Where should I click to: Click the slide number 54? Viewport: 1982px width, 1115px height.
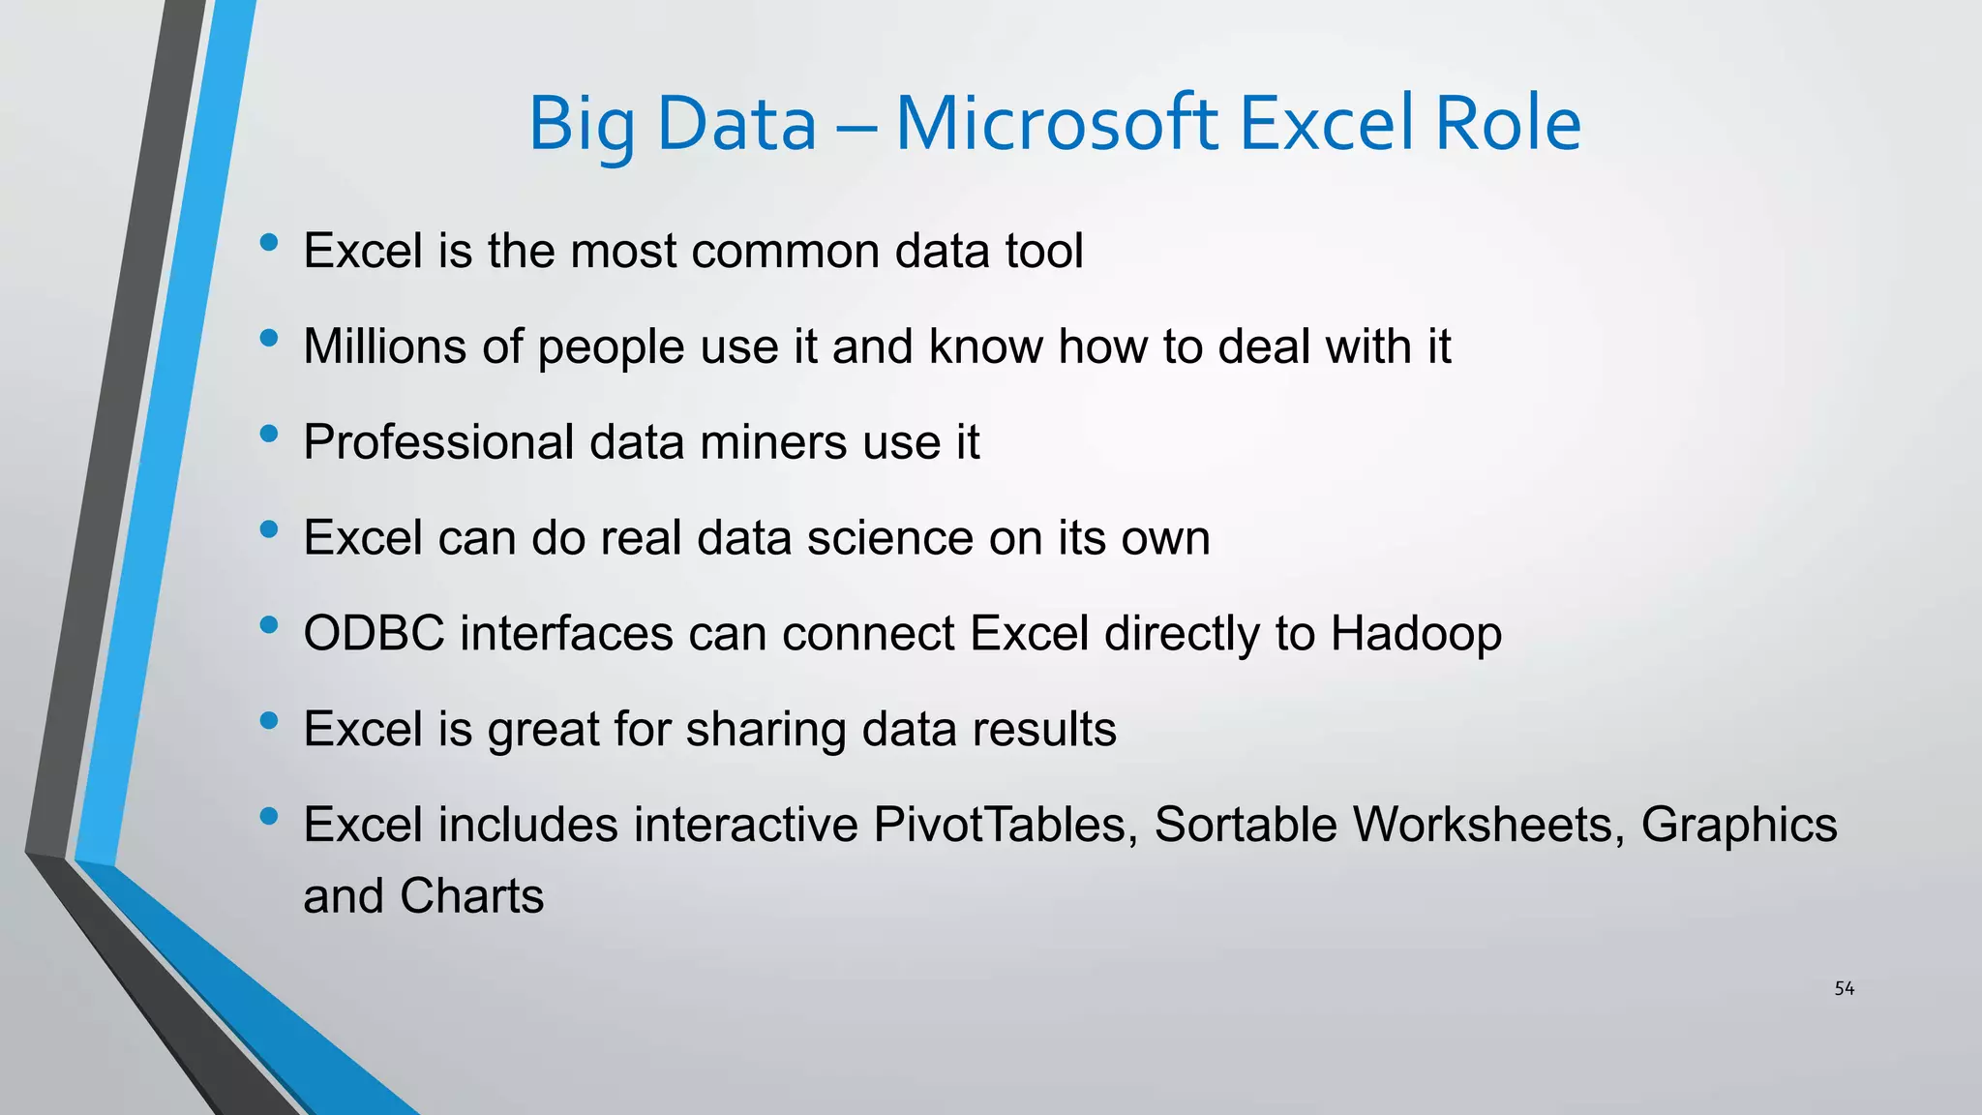point(1844,988)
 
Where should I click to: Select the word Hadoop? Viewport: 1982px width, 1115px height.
point(1416,634)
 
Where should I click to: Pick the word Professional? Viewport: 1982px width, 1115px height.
point(438,443)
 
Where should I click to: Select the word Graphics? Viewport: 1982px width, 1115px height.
point(1738,827)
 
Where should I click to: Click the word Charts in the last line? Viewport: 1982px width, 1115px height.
point(471,896)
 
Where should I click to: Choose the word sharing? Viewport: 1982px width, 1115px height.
point(766,731)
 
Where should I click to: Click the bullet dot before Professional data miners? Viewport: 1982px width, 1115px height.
point(269,435)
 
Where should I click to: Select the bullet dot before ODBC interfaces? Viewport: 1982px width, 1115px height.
point(269,626)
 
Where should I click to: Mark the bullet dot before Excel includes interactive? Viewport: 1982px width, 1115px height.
point(269,817)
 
